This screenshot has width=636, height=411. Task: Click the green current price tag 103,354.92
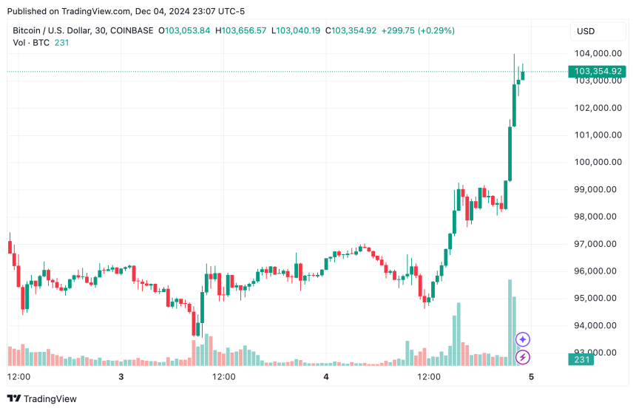pos(598,71)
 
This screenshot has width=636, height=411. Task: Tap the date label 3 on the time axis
pos(121,377)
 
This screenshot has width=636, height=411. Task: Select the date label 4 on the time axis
pos(326,377)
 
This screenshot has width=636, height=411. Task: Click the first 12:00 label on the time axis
pos(18,377)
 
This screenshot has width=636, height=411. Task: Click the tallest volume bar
pos(510,322)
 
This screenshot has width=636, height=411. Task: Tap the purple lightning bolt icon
pos(523,357)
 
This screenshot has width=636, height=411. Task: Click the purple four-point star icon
pos(523,339)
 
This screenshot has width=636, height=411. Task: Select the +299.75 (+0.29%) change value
pos(418,30)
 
